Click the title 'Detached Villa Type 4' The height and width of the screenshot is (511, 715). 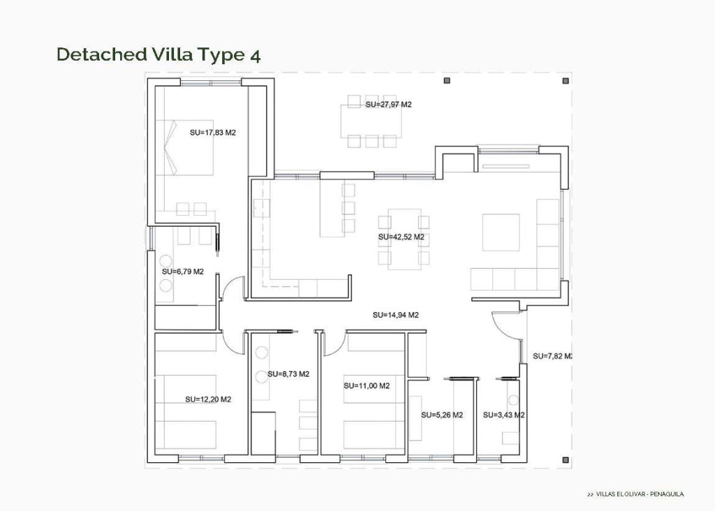click(159, 55)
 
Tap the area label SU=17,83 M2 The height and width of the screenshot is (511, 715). click(213, 131)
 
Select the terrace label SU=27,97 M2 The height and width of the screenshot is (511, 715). click(389, 104)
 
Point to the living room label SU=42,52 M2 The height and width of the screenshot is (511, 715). click(401, 237)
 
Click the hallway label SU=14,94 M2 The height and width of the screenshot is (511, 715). click(395, 315)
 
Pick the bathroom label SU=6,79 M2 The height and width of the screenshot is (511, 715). click(182, 271)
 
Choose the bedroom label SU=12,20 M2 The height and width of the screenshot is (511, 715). click(208, 399)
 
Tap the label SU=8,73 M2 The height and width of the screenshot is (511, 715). click(288, 374)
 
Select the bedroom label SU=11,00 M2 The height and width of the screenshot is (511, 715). click(367, 385)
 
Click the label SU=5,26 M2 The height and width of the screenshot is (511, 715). click(442, 415)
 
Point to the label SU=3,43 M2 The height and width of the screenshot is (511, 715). click(503, 415)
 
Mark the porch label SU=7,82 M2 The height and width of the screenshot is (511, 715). click(552, 356)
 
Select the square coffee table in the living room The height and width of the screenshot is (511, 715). click(501, 232)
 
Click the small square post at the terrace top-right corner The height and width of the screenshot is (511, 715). click(563, 81)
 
